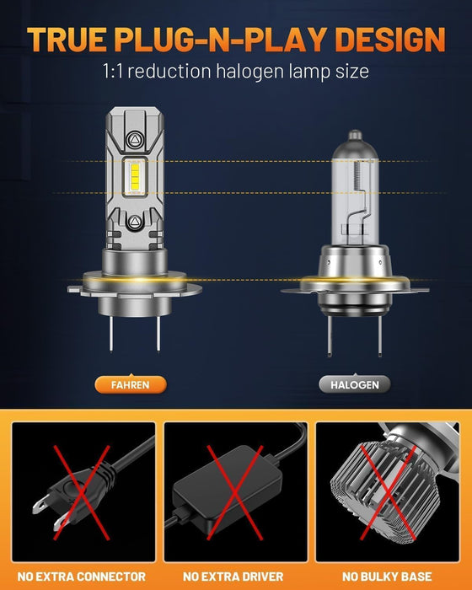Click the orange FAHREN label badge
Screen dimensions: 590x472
coord(130,384)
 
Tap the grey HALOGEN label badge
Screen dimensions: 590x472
coord(349,384)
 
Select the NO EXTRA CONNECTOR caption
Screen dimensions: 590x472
coord(83,576)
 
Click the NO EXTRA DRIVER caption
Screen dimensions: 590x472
coord(237,576)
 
